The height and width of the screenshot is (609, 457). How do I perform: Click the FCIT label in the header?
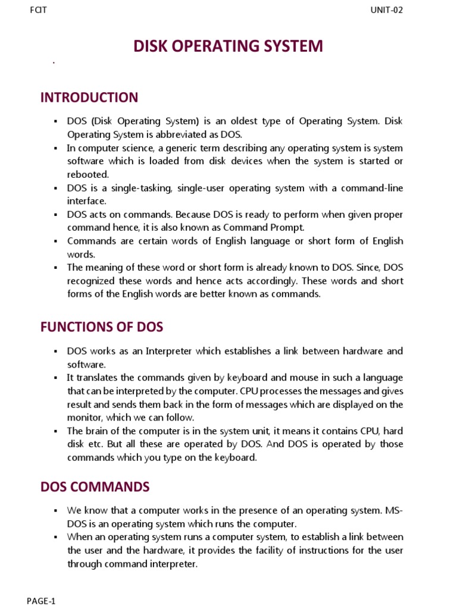tap(37, 10)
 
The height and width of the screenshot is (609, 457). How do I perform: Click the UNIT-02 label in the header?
tap(390, 10)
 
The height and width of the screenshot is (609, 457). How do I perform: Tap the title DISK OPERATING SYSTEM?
tap(228, 46)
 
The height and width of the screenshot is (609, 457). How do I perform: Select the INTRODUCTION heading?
tap(89, 98)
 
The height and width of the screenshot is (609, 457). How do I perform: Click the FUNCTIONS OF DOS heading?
tap(102, 327)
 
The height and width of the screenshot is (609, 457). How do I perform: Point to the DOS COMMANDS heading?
tap(95, 487)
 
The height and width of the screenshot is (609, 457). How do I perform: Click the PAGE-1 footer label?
tap(41, 601)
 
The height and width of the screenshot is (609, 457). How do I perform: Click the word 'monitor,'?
tap(83, 417)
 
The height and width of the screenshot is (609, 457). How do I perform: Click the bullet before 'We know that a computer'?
tap(55, 511)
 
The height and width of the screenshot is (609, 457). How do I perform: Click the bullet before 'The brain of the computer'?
tap(55, 431)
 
